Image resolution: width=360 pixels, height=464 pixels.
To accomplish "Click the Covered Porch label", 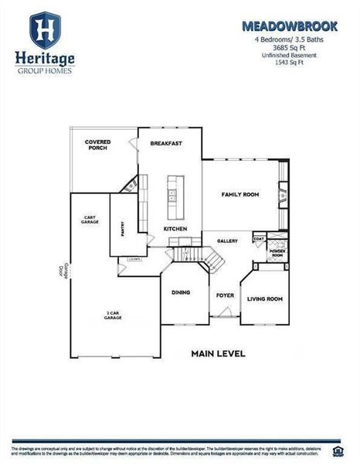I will (x=97, y=145).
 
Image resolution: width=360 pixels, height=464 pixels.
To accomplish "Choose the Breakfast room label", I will (x=165, y=143).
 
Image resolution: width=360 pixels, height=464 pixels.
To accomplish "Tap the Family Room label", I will (x=240, y=194).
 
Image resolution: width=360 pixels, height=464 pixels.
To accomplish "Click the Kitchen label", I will (x=175, y=229).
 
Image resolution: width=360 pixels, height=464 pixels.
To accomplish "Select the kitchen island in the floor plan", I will (x=174, y=196).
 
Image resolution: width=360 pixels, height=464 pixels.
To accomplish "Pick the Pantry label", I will (x=122, y=228).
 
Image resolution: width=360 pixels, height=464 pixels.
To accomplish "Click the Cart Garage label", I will (x=90, y=220).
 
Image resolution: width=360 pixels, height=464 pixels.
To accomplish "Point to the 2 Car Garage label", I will (x=114, y=316).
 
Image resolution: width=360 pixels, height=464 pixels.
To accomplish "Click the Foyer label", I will (x=225, y=295).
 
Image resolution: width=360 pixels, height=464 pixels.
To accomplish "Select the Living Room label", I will (x=264, y=299).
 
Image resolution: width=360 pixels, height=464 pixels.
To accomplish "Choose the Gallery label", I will (x=227, y=241).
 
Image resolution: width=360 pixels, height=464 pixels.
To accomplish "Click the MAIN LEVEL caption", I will (x=218, y=353).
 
